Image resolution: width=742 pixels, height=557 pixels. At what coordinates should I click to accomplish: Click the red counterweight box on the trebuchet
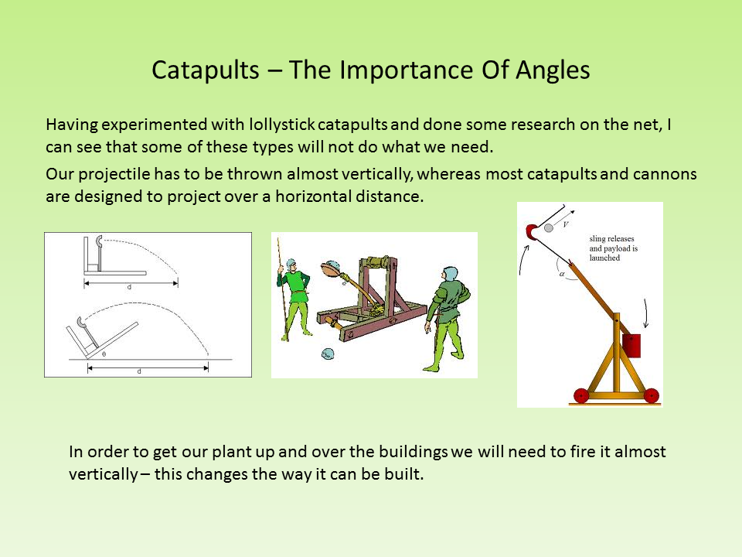point(631,345)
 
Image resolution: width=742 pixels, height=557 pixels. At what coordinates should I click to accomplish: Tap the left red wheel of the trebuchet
point(582,395)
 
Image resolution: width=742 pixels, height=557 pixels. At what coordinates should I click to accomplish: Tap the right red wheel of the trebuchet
point(651,395)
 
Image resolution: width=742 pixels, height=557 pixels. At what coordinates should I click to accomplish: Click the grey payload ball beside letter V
point(548,227)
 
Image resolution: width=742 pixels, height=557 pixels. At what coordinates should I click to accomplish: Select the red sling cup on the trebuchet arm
point(532,231)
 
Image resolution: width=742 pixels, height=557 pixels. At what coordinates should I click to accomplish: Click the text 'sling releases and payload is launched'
point(613,248)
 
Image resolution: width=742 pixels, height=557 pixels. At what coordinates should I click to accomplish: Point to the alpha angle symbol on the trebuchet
point(563,273)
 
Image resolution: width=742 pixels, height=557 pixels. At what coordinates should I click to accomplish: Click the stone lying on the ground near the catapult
point(328,354)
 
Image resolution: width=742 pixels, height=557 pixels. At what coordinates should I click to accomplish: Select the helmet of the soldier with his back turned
point(451,275)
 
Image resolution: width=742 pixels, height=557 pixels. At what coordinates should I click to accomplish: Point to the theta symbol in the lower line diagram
point(104,353)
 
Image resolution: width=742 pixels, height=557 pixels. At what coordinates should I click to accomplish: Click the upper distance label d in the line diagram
point(129,287)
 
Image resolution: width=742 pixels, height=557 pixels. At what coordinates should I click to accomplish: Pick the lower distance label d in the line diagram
point(139,372)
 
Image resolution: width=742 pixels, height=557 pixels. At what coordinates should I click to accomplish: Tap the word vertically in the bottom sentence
point(103,474)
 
